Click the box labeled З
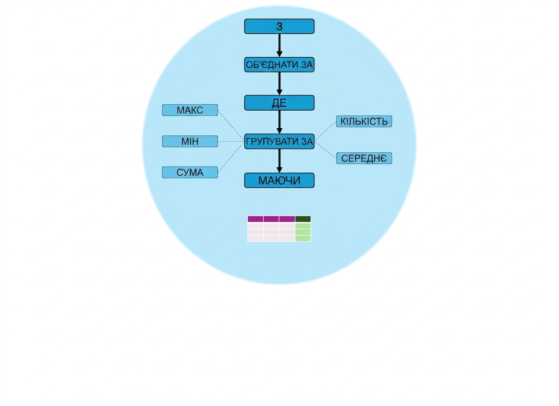tap(279, 26)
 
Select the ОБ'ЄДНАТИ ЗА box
tap(279, 65)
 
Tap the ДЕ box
tap(279, 103)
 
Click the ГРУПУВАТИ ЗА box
tap(279, 142)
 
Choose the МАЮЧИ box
tap(279, 180)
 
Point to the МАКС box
tap(190, 110)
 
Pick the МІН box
tap(190, 142)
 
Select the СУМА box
tap(190, 172)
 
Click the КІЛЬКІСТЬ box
tap(364, 121)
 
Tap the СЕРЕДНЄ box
tap(364, 158)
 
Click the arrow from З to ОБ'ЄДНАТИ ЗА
tap(279, 46)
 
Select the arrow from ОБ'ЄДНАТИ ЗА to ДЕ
tap(279, 84)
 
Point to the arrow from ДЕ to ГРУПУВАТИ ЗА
tap(279, 122)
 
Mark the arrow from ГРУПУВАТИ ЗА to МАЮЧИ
tap(279, 161)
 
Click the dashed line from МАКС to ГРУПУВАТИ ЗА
tap(231, 126)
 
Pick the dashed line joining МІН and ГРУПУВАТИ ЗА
tap(231, 142)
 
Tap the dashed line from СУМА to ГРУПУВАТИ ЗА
tap(231, 157)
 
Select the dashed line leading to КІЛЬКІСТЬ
tap(326, 131)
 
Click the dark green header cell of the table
tap(303, 219)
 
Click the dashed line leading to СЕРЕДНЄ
tap(326, 150)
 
